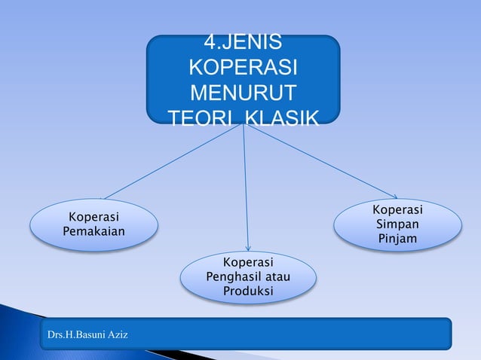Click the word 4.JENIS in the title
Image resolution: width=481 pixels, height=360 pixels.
243,44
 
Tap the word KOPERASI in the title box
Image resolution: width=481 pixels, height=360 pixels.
243,69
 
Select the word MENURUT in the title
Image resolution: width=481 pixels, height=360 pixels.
243,93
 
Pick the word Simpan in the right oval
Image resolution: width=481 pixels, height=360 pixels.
397,224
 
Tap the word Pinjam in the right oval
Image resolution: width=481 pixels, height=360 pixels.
397,239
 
